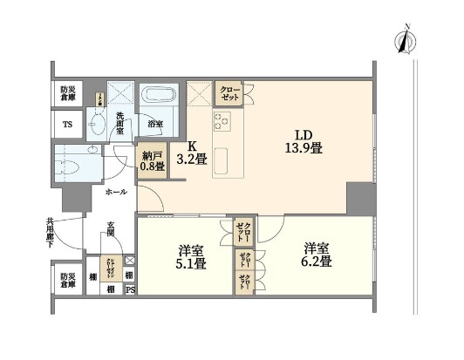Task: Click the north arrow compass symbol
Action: [404, 40]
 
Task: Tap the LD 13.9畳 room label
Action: [303, 141]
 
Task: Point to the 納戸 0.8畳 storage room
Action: [151, 163]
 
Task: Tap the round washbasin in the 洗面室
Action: [96, 126]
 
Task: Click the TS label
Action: [67, 125]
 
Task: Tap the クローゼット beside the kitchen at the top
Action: [229, 94]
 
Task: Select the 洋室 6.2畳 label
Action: [317, 254]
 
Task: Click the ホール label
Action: [116, 191]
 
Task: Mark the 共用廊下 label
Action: [37, 234]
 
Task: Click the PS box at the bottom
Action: [130, 290]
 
